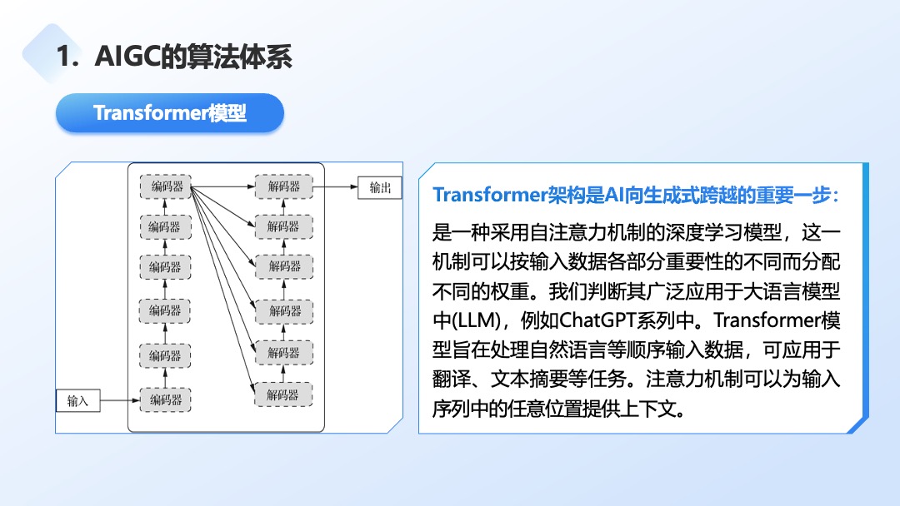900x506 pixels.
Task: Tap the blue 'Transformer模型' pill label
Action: [170, 112]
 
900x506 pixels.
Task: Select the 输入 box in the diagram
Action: [77, 401]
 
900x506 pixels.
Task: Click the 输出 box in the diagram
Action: [380, 187]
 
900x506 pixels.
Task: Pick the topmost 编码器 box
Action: [166, 187]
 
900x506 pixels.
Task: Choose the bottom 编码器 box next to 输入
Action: [166, 400]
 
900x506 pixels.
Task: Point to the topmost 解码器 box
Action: [284, 187]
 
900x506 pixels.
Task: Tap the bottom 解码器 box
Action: [284, 394]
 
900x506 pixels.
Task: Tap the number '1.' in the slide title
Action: [67, 57]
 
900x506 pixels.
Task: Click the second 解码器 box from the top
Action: [284, 226]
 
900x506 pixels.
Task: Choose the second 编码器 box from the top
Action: [166, 226]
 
